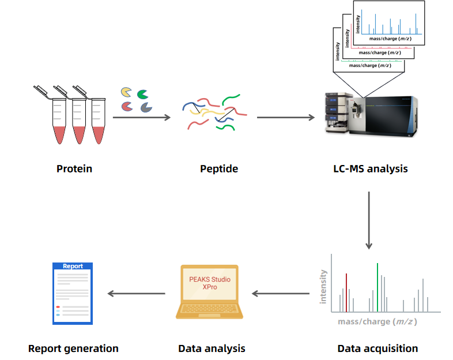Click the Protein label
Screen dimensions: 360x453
coord(74,169)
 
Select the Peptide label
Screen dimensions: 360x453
coord(218,169)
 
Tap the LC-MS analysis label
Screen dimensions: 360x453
coord(370,169)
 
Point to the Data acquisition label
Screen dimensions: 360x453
coord(377,348)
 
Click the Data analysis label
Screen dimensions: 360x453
coord(212,348)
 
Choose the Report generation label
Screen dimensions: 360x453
coord(73,348)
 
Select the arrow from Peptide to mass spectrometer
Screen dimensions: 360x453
coord(286,118)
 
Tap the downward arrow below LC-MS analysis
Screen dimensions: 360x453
coord(369,219)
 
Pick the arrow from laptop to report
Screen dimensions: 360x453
coord(137,293)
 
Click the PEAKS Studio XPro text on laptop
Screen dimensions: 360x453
coord(210,283)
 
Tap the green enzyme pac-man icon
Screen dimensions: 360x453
coord(142,93)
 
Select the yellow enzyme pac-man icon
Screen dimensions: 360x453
coord(126,92)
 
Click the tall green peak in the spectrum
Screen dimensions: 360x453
coord(377,286)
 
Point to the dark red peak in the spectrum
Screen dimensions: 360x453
coord(346,291)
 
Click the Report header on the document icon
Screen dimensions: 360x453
coord(73,267)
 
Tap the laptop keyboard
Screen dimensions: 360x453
coord(209,310)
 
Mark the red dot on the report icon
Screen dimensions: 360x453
coord(58,307)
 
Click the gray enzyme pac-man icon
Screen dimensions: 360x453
coord(145,107)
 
